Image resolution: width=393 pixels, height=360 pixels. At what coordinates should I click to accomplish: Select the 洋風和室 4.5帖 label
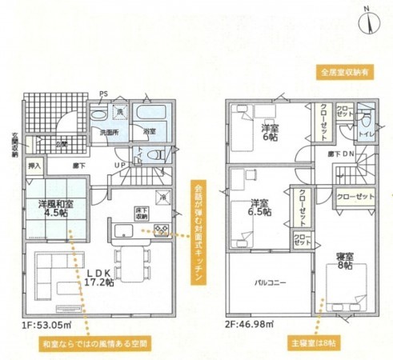pos(56,206)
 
